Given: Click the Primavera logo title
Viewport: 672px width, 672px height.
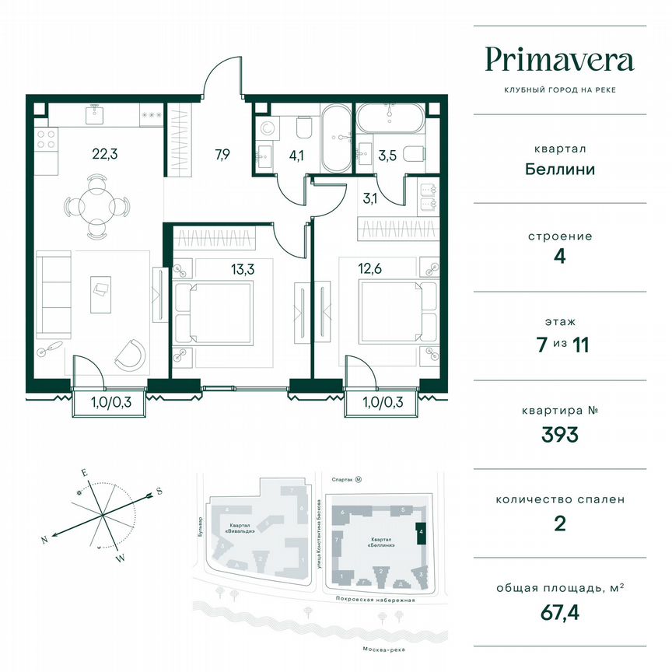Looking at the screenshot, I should coord(559,60).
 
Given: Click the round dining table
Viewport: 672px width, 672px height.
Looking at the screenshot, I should coord(97,206).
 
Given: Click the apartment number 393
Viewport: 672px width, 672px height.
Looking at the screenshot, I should coord(559,435).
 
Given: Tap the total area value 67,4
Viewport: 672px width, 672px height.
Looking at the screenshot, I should coord(559,617).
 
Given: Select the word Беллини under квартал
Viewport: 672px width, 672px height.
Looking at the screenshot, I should coord(559,169).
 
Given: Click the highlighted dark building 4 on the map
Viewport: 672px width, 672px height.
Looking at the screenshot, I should coord(420,534).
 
